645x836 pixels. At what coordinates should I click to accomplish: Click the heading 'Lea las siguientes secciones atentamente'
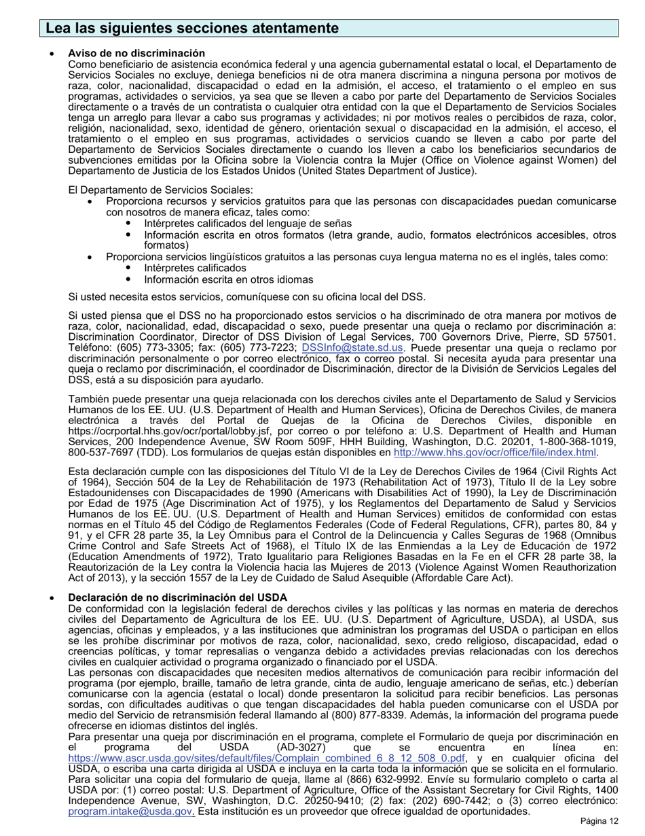[x=192, y=28]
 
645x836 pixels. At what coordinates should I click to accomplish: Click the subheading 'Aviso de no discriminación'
[x=136, y=53]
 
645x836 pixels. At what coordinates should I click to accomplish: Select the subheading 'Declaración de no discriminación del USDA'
[x=177, y=597]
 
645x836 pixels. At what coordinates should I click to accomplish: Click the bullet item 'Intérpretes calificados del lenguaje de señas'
[x=248, y=224]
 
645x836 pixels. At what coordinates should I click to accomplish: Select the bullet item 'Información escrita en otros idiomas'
[x=228, y=279]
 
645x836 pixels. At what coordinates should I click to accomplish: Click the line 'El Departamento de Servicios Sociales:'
[x=161, y=190]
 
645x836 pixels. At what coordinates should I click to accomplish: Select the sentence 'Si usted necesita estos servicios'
[x=246, y=296]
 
